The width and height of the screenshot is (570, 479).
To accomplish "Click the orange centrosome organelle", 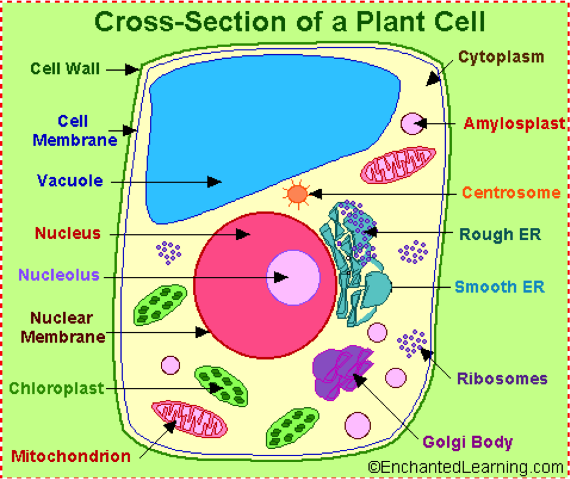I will point(296,194).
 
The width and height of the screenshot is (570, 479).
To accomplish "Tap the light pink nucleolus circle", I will point(293,277).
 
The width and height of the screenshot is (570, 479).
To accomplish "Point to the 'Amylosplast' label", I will point(515,124).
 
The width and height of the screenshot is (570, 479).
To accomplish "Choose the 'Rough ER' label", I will point(500,234).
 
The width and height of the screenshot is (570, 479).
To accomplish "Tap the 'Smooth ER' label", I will point(500,287).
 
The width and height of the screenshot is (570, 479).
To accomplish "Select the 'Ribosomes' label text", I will point(502,379).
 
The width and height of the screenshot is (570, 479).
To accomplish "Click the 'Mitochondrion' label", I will point(71,456).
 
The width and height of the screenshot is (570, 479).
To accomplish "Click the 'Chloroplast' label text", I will point(57,389).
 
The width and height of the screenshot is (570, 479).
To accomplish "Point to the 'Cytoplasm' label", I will point(501,57).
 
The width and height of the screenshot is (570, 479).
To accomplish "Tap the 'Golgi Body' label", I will point(468,442).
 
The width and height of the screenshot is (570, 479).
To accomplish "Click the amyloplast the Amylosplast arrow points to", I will point(412,124).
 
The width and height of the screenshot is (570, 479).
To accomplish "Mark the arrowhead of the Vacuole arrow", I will point(215,181).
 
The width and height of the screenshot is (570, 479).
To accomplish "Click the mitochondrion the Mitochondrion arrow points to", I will point(190,420).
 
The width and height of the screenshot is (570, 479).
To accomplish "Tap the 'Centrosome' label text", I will point(511,193).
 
